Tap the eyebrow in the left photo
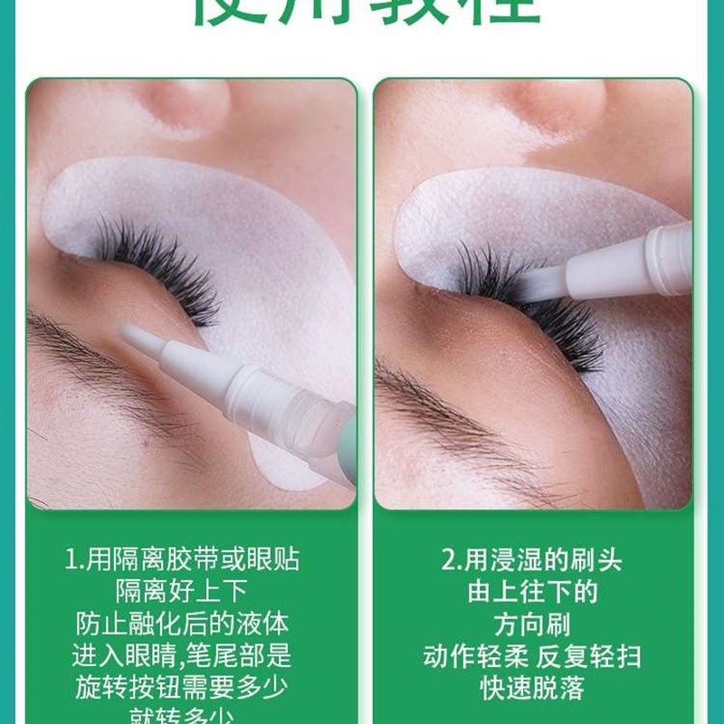pos(100,362)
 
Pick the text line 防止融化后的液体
pos(182,624)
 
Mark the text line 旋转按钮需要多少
pos(182,687)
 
